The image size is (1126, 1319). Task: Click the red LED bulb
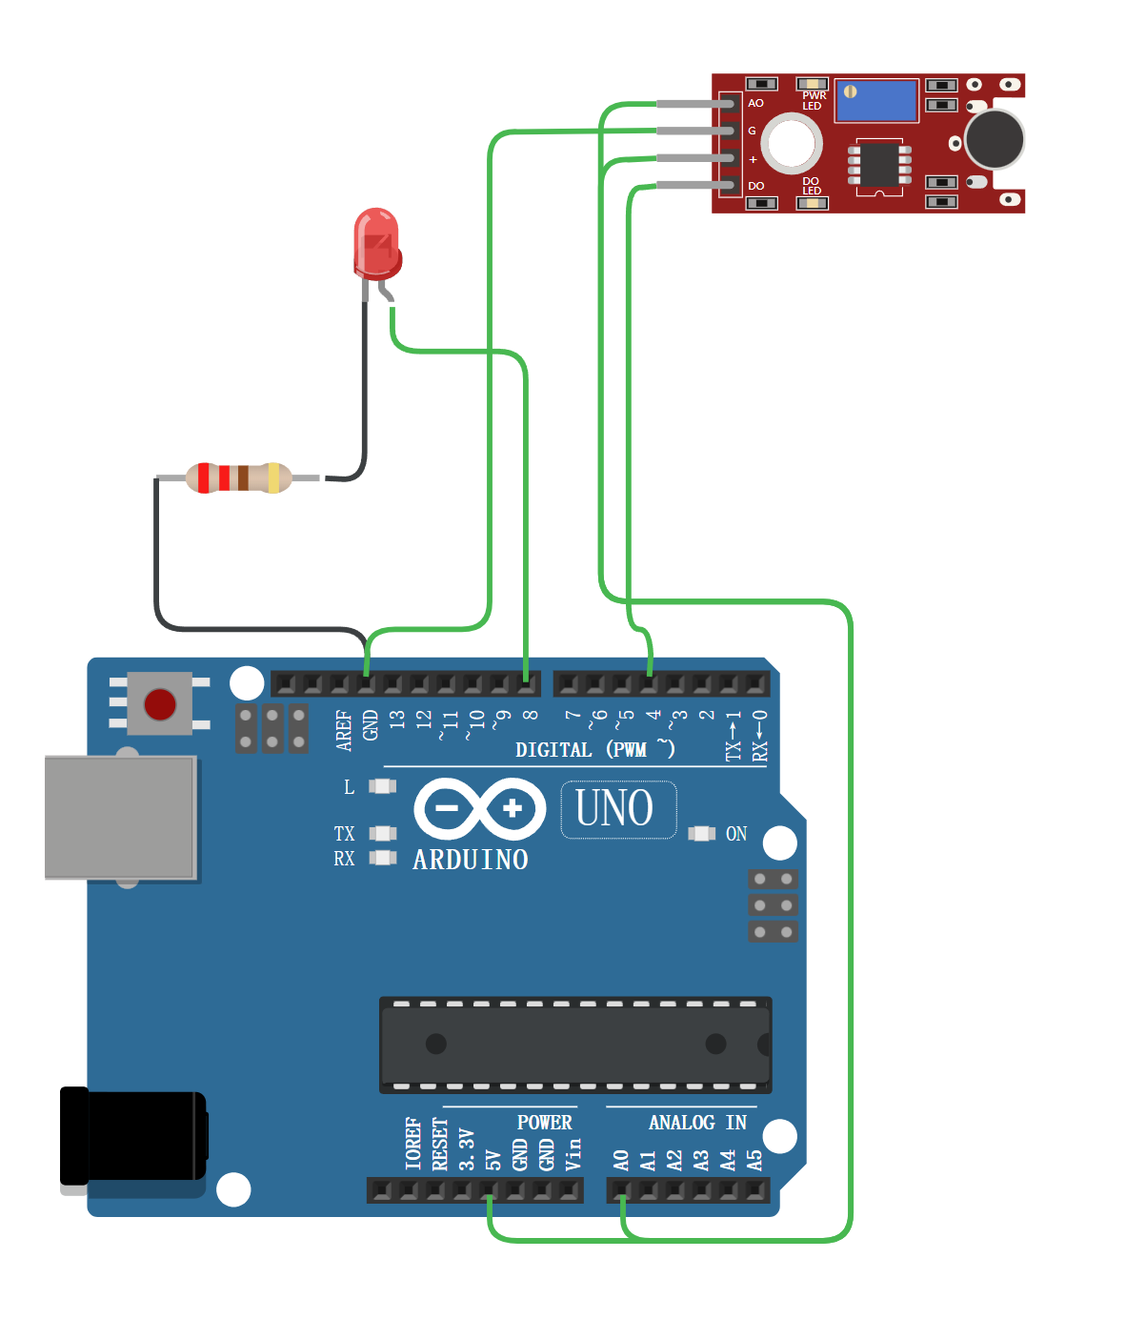[x=376, y=242]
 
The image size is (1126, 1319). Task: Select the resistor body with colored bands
[x=238, y=477]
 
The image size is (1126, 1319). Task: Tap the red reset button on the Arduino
[x=159, y=704]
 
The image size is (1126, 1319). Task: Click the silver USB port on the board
[x=120, y=817]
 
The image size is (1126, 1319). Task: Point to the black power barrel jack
[x=133, y=1137]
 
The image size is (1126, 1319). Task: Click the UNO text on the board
[x=615, y=809]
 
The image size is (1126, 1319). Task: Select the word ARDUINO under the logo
[x=471, y=860]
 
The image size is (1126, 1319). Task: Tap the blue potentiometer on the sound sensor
[x=876, y=101]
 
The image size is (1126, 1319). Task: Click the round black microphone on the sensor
[x=994, y=139]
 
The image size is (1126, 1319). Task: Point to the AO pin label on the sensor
[x=755, y=103]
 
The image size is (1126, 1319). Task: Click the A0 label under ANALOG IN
[x=621, y=1160]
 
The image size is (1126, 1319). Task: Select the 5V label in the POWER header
[x=493, y=1160]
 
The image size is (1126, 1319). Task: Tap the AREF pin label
[x=344, y=730]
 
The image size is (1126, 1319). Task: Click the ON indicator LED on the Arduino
[x=702, y=834]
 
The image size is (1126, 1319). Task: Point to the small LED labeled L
[x=382, y=786]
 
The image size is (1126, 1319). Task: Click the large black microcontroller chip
[x=575, y=1045]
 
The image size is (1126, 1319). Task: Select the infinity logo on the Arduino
[x=479, y=809]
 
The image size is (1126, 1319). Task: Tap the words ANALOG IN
[x=697, y=1123]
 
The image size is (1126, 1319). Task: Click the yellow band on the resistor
[x=274, y=477]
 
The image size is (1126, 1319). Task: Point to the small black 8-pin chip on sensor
[x=879, y=165]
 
